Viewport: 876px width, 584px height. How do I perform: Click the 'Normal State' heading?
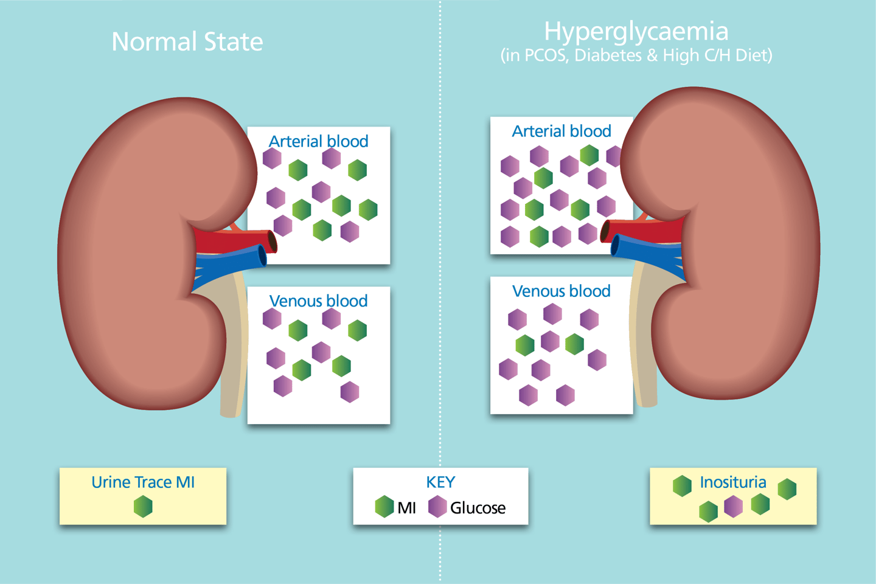pyautogui.click(x=187, y=42)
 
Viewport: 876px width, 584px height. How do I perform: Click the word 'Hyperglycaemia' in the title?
pyautogui.click(x=636, y=31)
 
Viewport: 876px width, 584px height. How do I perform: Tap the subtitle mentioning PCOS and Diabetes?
pyautogui.click(x=636, y=55)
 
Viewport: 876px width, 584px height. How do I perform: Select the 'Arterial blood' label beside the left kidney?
pyautogui.click(x=318, y=141)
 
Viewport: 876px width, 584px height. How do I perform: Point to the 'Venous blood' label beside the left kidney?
pyautogui.click(x=318, y=301)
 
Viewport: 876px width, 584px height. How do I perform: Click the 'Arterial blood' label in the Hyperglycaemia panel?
pyautogui.click(x=561, y=131)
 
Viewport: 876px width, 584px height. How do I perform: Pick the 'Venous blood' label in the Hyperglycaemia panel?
pyautogui.click(x=561, y=291)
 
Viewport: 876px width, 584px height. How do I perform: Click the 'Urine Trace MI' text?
pyautogui.click(x=143, y=482)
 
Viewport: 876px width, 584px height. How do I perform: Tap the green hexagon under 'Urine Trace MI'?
pyautogui.click(x=143, y=506)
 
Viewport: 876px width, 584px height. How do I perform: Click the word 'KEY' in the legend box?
pyautogui.click(x=440, y=482)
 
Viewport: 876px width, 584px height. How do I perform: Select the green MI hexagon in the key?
pyautogui.click(x=384, y=507)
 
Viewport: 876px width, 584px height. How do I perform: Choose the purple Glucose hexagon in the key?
pyautogui.click(x=437, y=507)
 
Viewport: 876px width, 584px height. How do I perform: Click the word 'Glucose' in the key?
pyautogui.click(x=478, y=507)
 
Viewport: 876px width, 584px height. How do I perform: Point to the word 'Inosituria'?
pyautogui.click(x=733, y=482)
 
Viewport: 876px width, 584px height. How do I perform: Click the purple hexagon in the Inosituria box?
pyautogui.click(x=734, y=506)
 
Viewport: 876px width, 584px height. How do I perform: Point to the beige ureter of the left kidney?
pyautogui.click(x=234, y=353)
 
